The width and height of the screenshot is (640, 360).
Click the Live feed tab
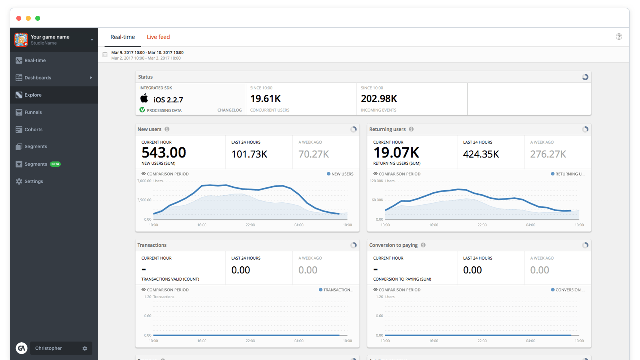158,37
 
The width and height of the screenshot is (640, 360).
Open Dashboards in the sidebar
38,78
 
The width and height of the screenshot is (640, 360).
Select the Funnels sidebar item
33,112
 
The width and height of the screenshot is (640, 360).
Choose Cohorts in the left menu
33,129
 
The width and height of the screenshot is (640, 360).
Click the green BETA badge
55,164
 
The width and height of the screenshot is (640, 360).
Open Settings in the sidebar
34,181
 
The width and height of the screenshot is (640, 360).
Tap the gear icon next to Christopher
85,348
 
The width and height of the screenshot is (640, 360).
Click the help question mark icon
619,37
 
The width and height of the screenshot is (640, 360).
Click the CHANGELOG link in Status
229,110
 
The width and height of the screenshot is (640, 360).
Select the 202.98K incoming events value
379,99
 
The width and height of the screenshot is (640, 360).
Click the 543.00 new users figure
164,153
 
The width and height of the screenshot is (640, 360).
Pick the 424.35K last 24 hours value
481,154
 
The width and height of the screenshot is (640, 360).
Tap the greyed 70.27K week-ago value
314,154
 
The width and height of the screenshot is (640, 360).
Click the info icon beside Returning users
411,129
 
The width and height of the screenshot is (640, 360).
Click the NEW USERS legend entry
340,174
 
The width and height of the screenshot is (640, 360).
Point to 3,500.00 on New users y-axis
144,200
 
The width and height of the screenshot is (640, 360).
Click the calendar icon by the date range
105,55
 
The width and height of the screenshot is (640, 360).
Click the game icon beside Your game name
21,39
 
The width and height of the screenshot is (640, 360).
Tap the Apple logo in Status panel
144,98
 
